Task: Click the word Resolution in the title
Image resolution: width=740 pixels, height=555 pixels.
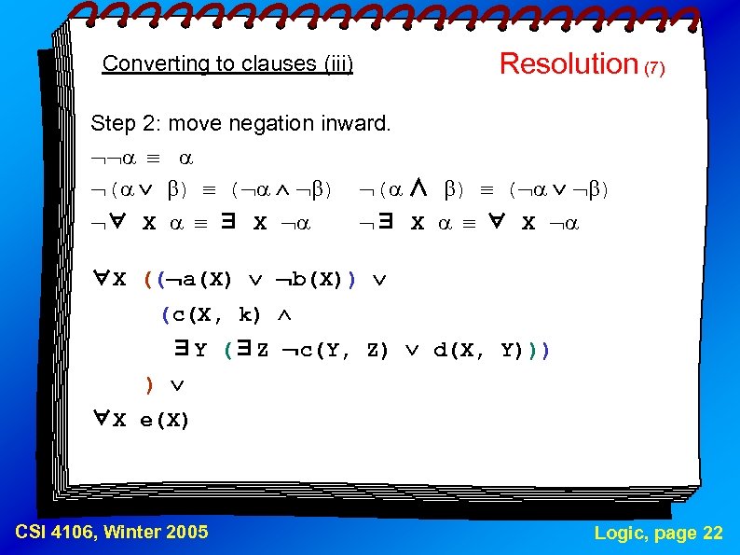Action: coord(568,63)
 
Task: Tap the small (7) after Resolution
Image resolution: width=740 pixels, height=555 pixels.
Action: coord(653,68)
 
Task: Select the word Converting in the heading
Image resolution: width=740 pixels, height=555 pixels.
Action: coord(144,64)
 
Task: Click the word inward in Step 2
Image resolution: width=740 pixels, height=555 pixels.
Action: coord(359,123)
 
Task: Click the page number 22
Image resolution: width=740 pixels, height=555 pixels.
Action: coord(712,533)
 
